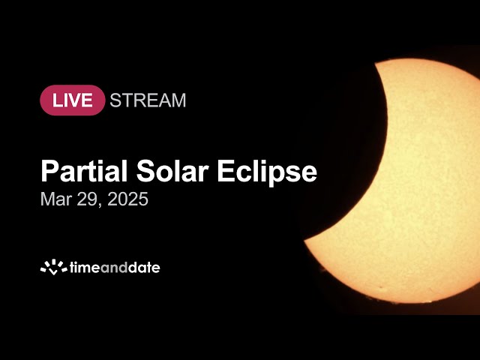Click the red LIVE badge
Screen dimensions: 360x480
(x=72, y=100)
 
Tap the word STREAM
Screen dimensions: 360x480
(x=148, y=100)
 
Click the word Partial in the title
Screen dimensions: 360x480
(x=85, y=172)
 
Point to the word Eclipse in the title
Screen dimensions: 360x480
(x=267, y=172)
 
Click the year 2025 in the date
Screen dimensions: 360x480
(x=128, y=200)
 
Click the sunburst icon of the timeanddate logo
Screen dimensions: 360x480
(x=53, y=266)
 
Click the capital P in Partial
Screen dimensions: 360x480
(x=49, y=172)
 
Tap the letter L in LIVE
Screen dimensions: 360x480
(x=53, y=100)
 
